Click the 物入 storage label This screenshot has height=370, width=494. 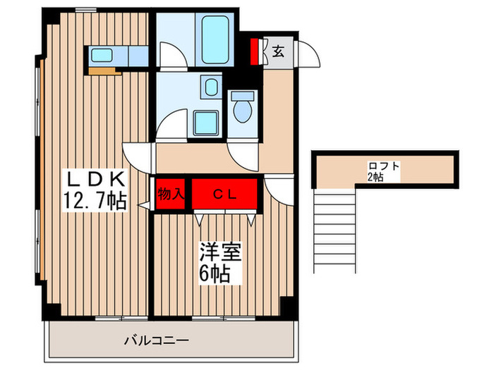pos(170,192)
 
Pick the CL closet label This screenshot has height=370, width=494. pos(225,192)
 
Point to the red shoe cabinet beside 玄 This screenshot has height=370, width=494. pos(256,51)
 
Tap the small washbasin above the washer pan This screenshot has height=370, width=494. pos(210,87)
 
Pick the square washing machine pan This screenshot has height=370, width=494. pos(207,123)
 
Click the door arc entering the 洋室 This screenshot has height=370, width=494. pos(276,188)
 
